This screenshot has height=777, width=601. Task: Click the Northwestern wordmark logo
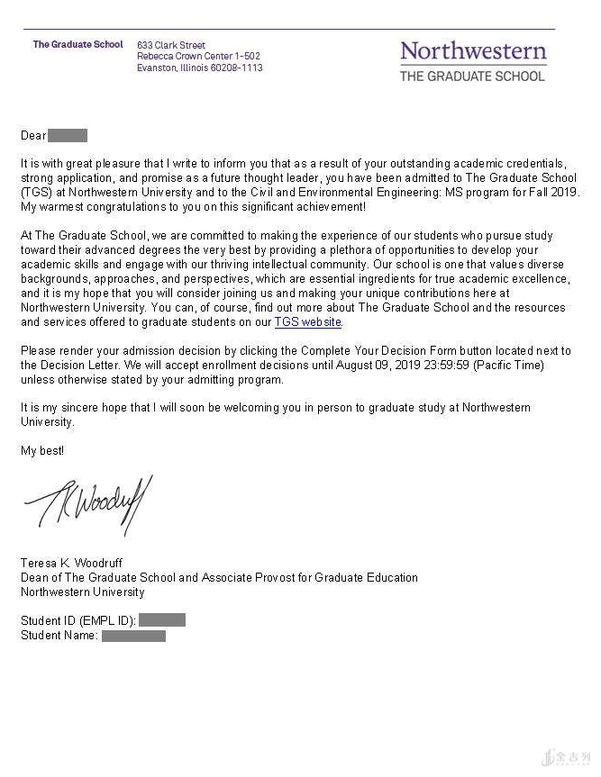[473, 50]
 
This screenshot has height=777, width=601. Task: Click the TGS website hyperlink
[308, 321]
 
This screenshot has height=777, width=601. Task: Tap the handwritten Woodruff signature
[88, 505]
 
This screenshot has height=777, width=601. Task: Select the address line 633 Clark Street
[171, 45]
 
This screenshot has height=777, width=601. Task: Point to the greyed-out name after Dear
[68, 136]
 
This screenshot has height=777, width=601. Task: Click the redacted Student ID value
[162, 620]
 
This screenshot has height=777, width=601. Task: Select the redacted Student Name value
[133, 636]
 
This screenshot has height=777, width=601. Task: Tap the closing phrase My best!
[42, 450]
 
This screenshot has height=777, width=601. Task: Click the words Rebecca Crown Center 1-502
[198, 56]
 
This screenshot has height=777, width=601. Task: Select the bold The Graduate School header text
[77, 44]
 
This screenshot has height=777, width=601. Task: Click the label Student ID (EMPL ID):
[78, 620]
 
